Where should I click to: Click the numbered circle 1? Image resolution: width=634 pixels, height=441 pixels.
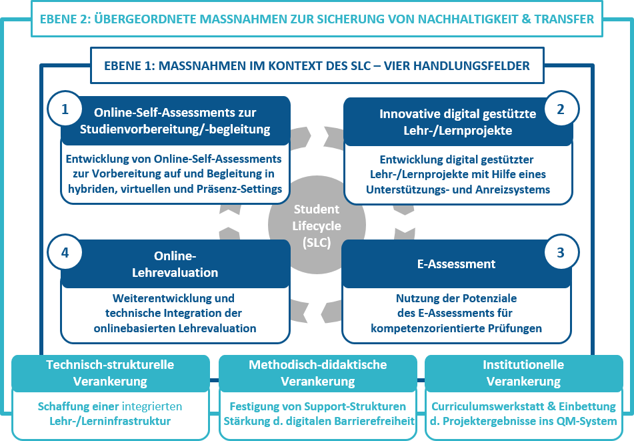[65, 110]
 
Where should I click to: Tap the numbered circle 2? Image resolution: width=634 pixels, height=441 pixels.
[561, 109]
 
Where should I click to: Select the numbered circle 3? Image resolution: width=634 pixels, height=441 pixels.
[561, 253]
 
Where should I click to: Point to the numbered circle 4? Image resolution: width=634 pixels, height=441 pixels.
[65, 253]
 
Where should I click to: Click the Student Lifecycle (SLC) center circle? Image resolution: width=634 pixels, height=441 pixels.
[317, 226]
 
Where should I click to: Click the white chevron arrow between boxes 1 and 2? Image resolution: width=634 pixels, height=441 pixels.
[317, 135]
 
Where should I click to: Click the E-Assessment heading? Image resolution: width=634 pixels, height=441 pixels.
[457, 264]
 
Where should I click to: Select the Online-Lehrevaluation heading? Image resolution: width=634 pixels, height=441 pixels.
[175, 265]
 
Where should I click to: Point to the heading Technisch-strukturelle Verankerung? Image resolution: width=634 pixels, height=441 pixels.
[110, 373]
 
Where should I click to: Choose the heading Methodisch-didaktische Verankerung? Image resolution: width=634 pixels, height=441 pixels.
[317, 373]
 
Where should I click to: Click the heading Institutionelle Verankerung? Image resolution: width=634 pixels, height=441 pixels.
[523, 373]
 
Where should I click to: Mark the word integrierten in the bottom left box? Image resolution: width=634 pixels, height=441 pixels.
[151, 406]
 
